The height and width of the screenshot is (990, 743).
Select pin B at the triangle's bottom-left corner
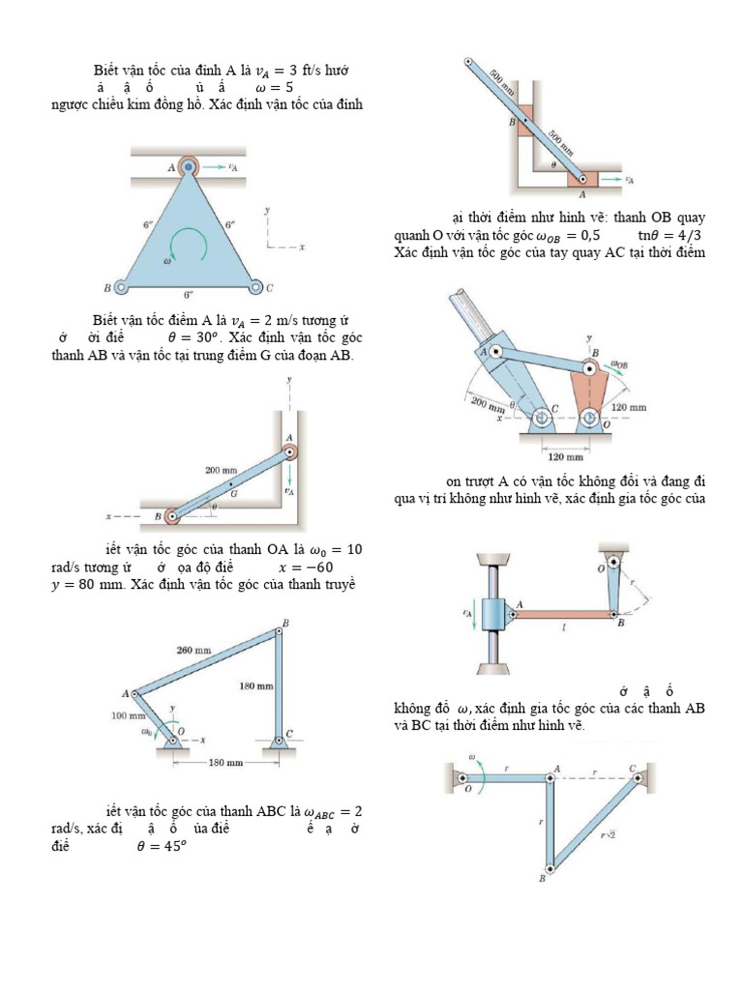tap(121, 287)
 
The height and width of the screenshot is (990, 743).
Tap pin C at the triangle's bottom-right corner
tap(256, 287)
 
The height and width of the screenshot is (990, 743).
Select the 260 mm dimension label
tap(193, 651)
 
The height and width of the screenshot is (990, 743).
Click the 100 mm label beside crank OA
tap(128, 716)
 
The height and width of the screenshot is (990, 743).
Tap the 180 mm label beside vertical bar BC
tap(256, 685)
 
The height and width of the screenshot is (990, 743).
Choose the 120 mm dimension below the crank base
tap(566, 457)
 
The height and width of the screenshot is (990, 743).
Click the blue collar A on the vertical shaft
tap(497, 613)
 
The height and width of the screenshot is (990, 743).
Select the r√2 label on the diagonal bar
tap(611, 833)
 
